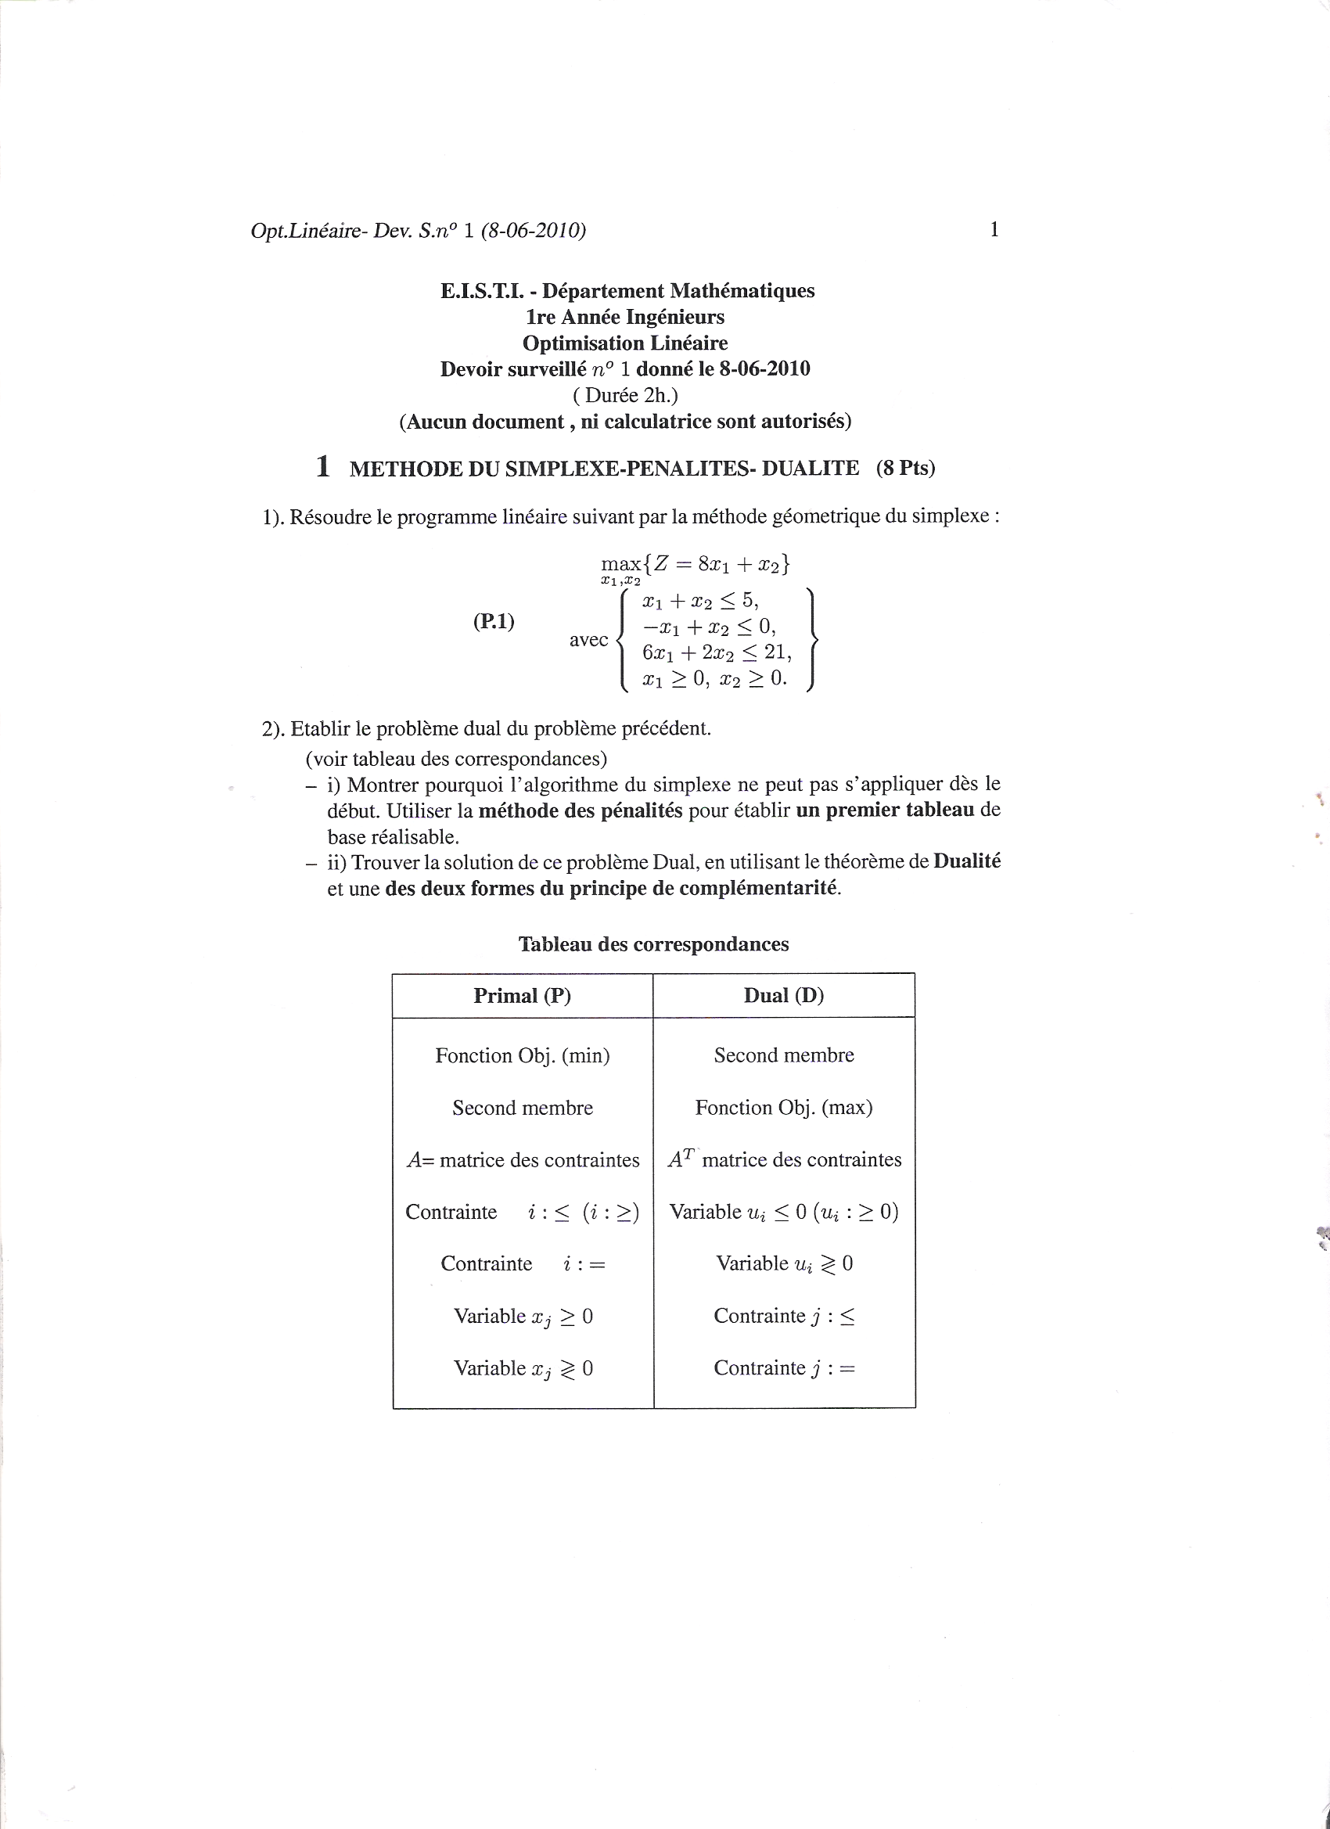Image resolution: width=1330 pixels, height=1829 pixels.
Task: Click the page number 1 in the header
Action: click(x=994, y=230)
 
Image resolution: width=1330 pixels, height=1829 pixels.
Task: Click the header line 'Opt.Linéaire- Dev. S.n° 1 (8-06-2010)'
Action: click(x=418, y=231)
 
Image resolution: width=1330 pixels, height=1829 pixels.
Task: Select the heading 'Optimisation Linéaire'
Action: click(x=625, y=343)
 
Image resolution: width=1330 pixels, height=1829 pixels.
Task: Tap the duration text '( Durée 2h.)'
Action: click(x=625, y=395)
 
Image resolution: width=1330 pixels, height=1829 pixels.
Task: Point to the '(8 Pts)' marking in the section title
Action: click(x=905, y=469)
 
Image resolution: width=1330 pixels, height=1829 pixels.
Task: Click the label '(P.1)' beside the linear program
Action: click(x=494, y=621)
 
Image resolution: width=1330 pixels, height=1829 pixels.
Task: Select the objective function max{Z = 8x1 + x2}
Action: click(x=696, y=565)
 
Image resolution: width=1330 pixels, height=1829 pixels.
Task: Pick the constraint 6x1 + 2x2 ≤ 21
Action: click(x=716, y=652)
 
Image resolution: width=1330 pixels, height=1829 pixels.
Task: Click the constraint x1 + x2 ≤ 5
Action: click(x=700, y=601)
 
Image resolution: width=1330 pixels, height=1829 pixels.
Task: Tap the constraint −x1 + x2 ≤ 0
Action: click(x=709, y=627)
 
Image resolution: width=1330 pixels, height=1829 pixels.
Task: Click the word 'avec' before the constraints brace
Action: click(x=589, y=639)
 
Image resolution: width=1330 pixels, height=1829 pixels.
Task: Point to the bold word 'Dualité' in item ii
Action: click(x=967, y=861)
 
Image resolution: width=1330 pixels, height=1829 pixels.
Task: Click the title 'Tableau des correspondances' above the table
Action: click(x=653, y=944)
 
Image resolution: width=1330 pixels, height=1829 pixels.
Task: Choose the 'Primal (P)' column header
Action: click(x=522, y=996)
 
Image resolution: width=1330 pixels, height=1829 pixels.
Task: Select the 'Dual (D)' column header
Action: click(x=783, y=996)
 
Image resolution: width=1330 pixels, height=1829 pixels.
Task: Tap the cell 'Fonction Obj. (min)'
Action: click(x=522, y=1055)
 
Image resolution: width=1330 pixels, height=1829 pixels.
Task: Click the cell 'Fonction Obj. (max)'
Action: click(x=783, y=1108)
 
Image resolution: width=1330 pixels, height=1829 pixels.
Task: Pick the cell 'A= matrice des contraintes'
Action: click(x=522, y=1160)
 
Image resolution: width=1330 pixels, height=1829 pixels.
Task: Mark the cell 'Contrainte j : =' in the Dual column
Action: click(x=783, y=1367)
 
